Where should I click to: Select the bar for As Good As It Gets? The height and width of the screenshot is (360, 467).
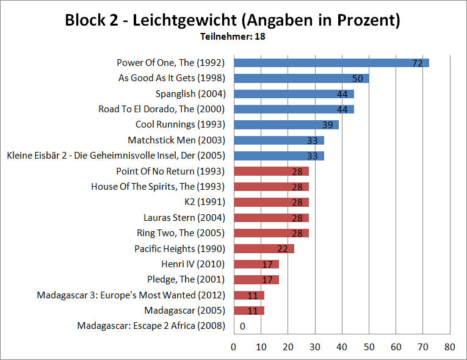coord(300,78)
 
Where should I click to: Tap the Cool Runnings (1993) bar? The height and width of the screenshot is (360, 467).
coord(285,124)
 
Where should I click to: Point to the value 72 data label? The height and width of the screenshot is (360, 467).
coord(418,63)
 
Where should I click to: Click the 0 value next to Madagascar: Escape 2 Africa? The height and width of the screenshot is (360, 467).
coord(242,326)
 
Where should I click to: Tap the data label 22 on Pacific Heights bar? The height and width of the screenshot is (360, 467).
coord(283,248)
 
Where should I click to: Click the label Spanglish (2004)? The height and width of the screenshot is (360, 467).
coord(190,93)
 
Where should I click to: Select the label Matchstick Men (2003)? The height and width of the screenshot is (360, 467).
coord(176,140)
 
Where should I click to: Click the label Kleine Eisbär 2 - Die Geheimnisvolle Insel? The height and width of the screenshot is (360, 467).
coord(116,155)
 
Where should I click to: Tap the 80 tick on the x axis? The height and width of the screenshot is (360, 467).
coord(450,347)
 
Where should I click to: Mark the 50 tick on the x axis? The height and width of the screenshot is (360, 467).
coord(369,347)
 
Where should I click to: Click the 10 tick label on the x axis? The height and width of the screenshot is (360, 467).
coord(261,347)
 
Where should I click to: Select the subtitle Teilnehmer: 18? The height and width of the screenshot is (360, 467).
coord(233,37)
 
